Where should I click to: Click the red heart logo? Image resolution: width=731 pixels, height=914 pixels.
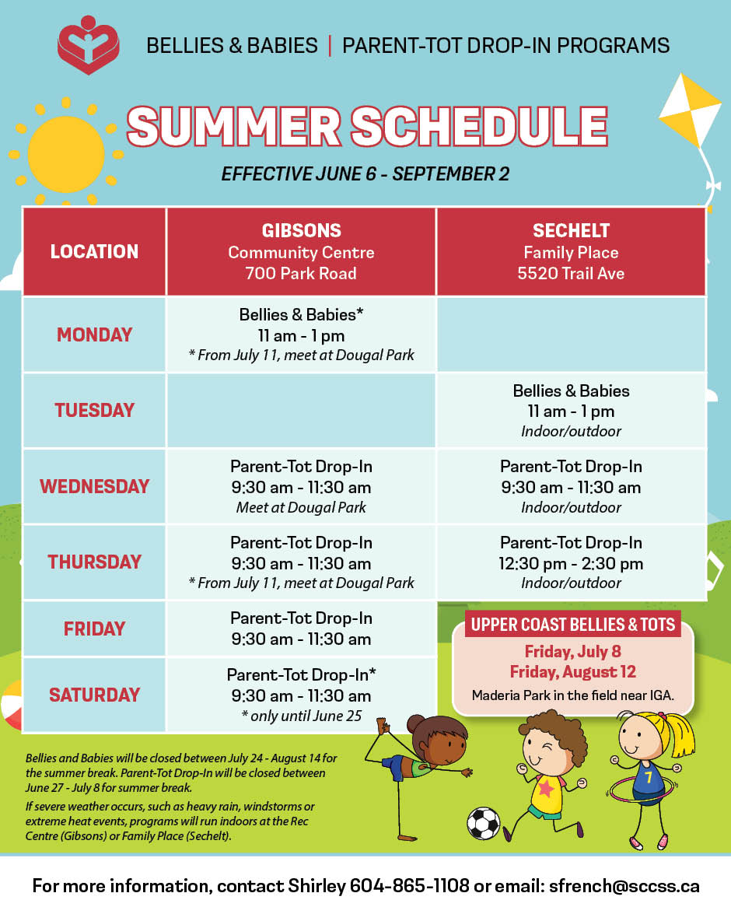88,45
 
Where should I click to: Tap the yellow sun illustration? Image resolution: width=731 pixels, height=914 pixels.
66,154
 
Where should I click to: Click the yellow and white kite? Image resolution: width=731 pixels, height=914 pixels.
691,110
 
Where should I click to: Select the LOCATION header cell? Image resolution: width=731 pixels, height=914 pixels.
94,251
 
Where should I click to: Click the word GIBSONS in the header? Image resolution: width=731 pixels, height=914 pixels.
302,230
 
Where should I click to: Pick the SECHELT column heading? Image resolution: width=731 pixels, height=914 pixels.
572,230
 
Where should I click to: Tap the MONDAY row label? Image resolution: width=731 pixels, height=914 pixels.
94,334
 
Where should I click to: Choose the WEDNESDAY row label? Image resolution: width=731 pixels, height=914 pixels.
94,486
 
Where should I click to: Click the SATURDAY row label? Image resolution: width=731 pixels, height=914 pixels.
94,695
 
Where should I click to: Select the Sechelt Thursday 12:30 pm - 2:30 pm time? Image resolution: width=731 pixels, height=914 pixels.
572,564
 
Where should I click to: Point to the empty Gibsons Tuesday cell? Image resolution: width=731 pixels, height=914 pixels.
301,411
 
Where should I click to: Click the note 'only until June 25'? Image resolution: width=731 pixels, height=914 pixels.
302,716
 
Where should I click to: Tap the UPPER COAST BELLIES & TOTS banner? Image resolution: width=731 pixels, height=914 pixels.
573,625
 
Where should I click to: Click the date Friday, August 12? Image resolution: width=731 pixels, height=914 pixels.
573,672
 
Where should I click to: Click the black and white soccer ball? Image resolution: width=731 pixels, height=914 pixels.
483,823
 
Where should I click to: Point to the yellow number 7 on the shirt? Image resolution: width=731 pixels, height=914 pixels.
649,778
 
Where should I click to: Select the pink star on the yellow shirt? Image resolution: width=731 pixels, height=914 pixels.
546,788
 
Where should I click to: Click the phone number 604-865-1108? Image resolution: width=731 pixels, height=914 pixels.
409,886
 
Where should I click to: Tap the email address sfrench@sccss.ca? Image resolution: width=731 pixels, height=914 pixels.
624,886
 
